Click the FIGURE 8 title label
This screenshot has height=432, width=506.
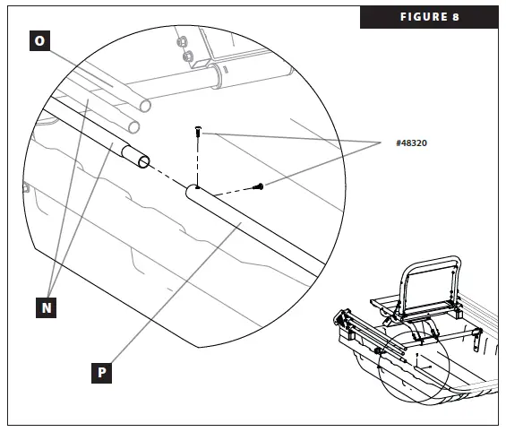click(x=429, y=17)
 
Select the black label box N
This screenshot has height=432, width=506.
click(x=47, y=307)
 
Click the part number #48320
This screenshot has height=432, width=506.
click(x=410, y=143)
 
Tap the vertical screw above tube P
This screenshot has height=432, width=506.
click(x=197, y=133)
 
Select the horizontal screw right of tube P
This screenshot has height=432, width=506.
click(x=259, y=186)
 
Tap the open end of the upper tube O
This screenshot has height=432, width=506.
click(x=144, y=105)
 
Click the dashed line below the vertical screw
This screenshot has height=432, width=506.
click(x=197, y=161)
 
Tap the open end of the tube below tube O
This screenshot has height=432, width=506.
click(x=133, y=125)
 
